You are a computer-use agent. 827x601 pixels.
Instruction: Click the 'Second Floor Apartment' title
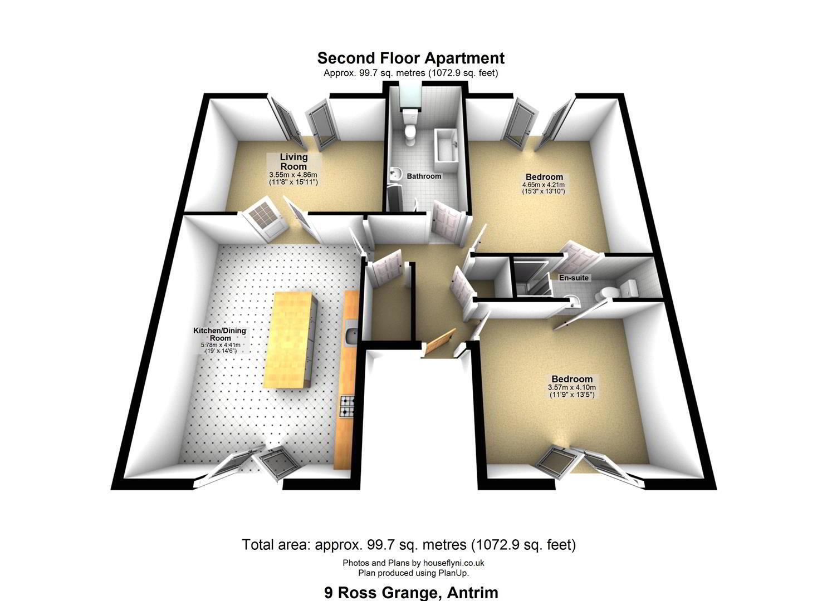click(x=410, y=58)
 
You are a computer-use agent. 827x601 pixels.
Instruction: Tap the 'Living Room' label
click(x=293, y=161)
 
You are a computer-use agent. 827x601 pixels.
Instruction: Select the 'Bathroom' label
click(x=424, y=176)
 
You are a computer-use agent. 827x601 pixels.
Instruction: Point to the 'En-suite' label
click(x=574, y=278)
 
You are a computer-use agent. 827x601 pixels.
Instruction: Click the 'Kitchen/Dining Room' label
click(x=220, y=334)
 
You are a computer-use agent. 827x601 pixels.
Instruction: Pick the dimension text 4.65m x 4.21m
click(x=543, y=185)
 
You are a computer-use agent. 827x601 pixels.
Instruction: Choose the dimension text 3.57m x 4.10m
click(x=572, y=387)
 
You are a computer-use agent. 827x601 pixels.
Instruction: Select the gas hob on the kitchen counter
click(x=347, y=406)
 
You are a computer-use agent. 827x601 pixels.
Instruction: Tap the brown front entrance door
click(x=439, y=343)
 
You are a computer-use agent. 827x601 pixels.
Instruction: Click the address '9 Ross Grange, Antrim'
click(x=412, y=593)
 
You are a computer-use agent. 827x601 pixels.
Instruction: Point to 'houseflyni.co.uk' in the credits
click(x=453, y=563)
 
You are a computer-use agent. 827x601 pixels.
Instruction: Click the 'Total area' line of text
click(x=409, y=545)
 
